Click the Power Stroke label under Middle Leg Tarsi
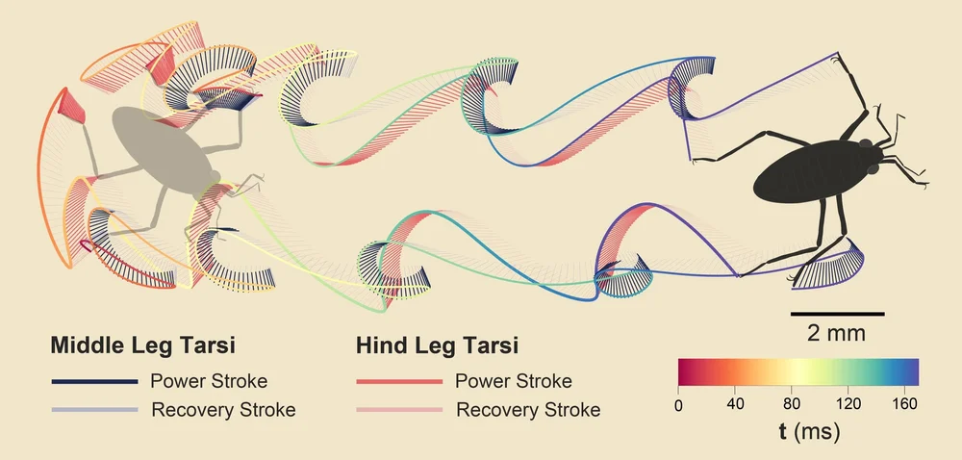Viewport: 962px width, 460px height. point(209,380)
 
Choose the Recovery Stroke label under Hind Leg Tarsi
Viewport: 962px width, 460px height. point(528,410)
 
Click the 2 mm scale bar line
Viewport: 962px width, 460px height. point(837,314)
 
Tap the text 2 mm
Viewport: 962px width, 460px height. point(837,334)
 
